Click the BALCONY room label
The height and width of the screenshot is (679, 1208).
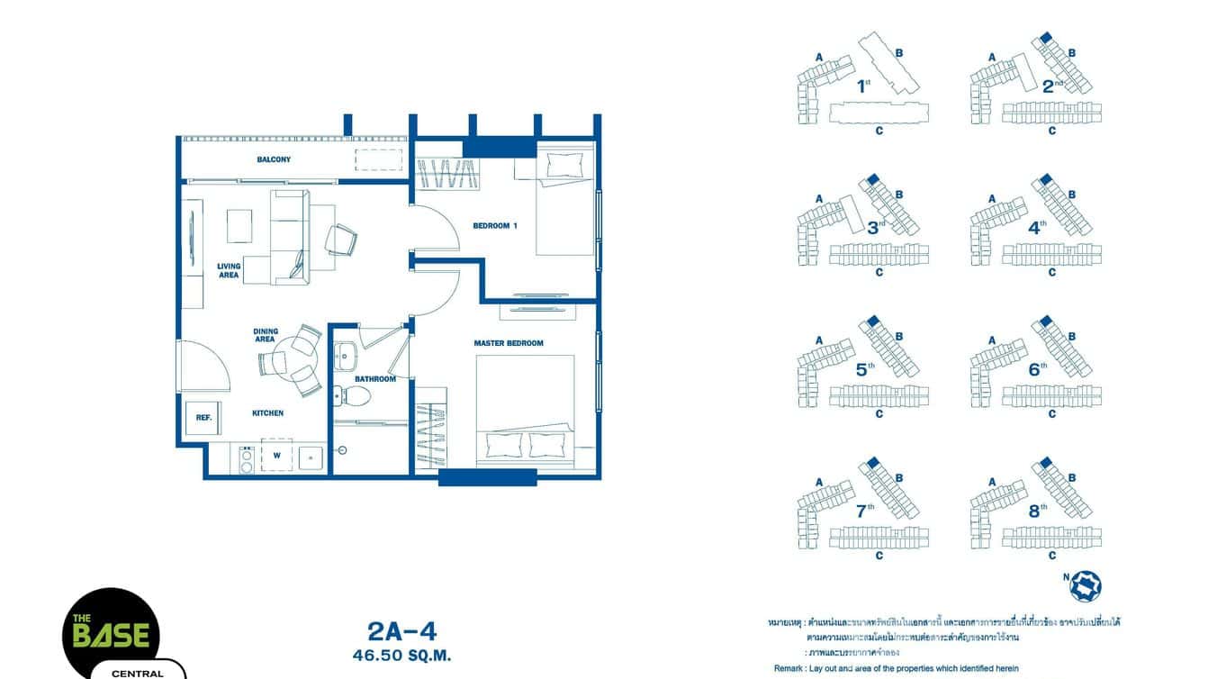point(274,160)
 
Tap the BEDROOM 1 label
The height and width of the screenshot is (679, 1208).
point(495,226)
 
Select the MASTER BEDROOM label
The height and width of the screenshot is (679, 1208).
point(509,343)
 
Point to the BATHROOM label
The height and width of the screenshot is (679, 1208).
point(375,379)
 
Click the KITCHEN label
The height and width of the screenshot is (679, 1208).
point(267,413)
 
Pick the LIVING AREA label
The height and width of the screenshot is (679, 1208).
point(229,270)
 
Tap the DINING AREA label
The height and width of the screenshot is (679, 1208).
point(265,335)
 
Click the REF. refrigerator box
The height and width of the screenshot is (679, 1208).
point(203,418)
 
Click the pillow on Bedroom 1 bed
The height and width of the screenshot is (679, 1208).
point(564,164)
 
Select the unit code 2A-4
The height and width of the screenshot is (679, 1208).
point(402,631)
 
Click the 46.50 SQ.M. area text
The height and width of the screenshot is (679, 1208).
point(402,656)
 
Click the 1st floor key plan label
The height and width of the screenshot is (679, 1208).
point(863,86)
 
